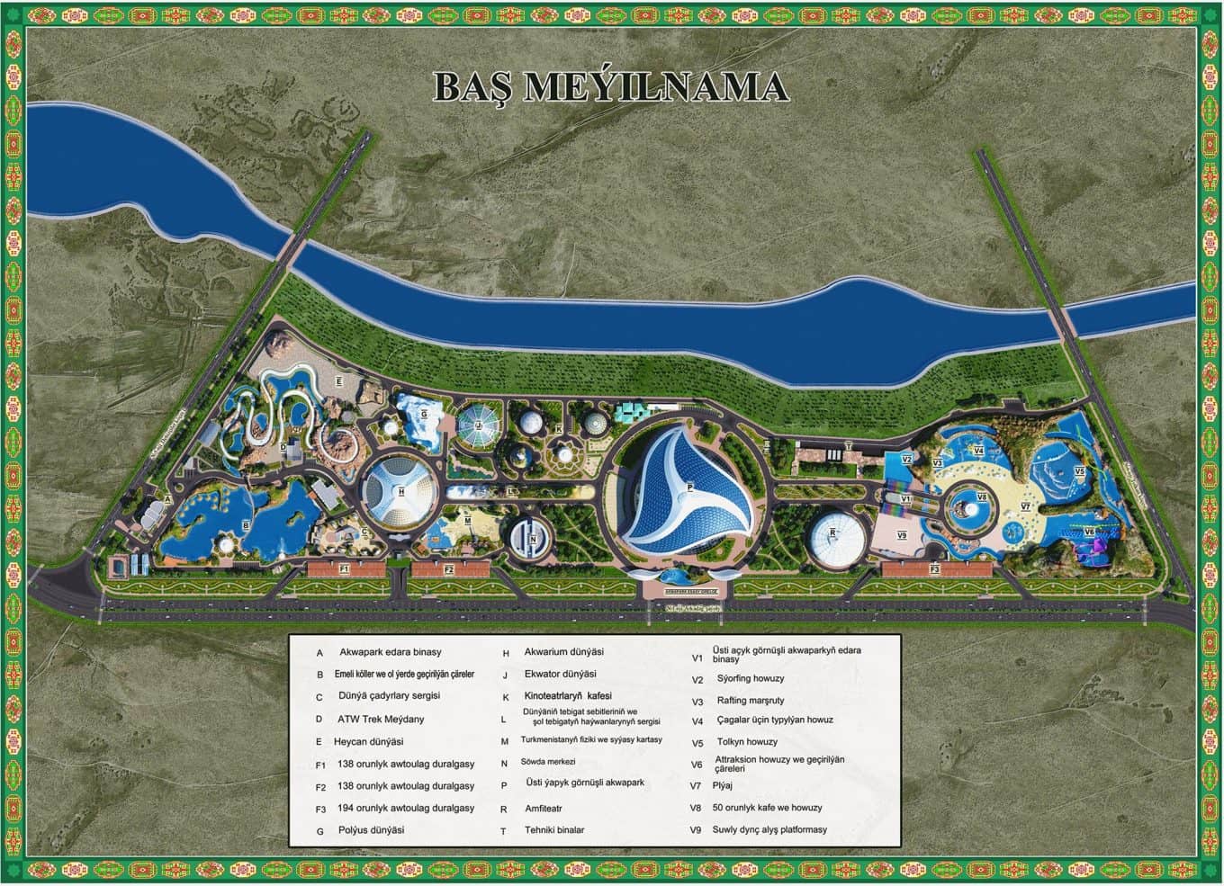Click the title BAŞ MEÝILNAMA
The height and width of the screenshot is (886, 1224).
(611, 86)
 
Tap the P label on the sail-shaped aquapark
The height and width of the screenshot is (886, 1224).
(689, 487)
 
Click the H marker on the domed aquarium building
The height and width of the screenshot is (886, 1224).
(401, 491)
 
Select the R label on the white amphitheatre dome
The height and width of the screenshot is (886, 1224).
(832, 532)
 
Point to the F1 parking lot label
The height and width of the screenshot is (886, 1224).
(345, 569)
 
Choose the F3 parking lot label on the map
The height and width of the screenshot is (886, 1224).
(935, 569)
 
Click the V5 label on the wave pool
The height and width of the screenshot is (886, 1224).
(1079, 470)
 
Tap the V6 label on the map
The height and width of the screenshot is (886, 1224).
(1089, 532)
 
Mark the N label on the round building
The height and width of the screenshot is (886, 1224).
(533, 539)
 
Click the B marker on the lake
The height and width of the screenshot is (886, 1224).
(246, 524)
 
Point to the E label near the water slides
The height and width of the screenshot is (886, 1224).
(338, 381)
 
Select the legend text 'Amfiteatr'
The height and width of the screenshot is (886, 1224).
(544, 809)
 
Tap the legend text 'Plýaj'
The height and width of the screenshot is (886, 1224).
(723, 785)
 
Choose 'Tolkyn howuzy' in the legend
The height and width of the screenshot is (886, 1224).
(747, 742)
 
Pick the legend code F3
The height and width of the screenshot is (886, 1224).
(320, 809)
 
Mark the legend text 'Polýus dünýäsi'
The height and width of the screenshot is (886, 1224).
(371, 829)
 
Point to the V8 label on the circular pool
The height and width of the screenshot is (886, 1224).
(982, 497)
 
